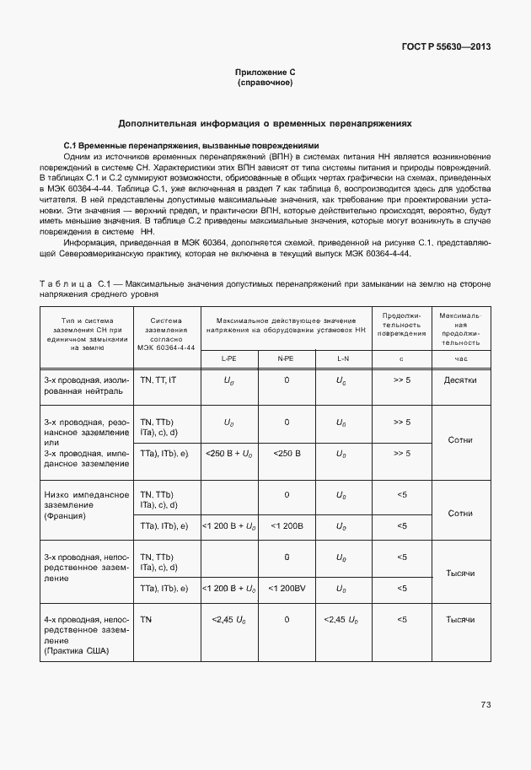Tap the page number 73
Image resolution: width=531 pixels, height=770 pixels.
(x=485, y=704)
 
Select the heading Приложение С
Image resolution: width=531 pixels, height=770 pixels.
(x=265, y=74)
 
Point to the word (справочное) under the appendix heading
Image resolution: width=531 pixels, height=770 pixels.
(x=265, y=84)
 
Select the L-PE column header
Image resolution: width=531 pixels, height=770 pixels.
(x=228, y=359)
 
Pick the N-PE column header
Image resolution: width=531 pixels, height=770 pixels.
(x=286, y=359)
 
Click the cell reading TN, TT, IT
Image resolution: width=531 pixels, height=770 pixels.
(x=158, y=380)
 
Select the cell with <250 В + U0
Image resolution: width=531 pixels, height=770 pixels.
(x=228, y=454)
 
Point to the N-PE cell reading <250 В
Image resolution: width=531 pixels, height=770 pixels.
(x=286, y=454)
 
